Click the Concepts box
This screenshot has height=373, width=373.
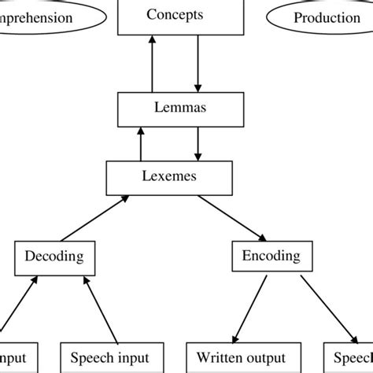point(174,17)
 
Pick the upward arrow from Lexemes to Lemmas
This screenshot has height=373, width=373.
point(142,144)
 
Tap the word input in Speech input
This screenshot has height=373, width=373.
point(131,358)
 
